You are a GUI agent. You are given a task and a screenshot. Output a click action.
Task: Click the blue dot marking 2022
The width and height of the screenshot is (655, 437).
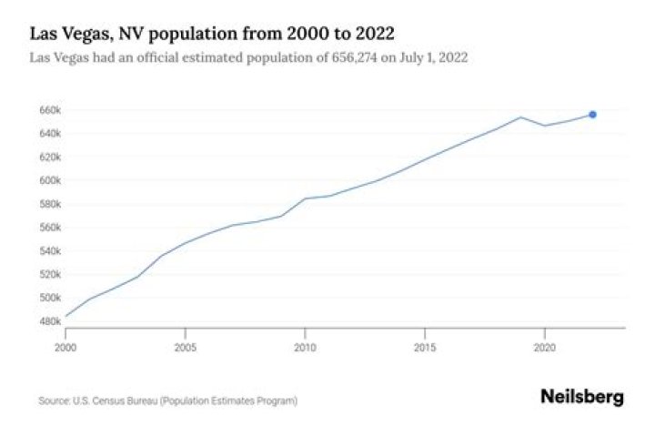pyautogui.click(x=592, y=114)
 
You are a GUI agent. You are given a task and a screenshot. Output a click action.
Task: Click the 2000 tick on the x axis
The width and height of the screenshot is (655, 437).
pyautogui.click(x=65, y=347)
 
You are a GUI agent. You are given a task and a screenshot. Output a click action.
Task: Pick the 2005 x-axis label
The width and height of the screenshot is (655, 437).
pyautogui.click(x=186, y=347)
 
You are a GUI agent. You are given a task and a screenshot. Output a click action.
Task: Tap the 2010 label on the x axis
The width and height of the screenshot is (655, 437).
pyautogui.click(x=305, y=347)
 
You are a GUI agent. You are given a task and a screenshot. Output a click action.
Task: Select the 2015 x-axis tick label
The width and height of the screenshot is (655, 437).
pyautogui.click(x=425, y=347)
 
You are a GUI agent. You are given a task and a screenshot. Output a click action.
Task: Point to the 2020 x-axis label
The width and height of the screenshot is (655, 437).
pyautogui.click(x=544, y=347)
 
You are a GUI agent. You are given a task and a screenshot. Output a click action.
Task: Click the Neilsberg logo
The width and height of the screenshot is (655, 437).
pyautogui.click(x=582, y=397)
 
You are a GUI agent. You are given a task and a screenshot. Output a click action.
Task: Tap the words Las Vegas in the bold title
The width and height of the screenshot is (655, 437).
pyautogui.click(x=66, y=35)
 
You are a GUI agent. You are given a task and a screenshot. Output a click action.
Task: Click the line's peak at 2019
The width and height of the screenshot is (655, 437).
pyautogui.click(x=520, y=117)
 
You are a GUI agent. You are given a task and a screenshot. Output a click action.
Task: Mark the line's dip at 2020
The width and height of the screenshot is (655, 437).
pyautogui.click(x=544, y=126)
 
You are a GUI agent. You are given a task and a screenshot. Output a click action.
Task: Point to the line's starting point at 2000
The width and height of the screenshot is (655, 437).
pyautogui.click(x=65, y=317)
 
